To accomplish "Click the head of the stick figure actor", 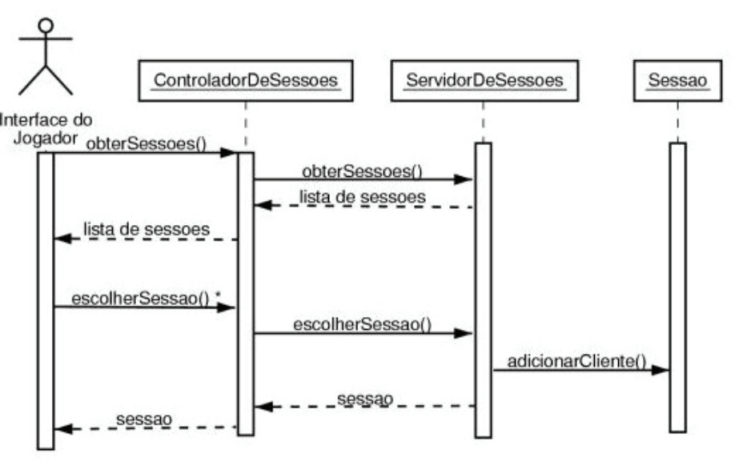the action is [x=46, y=26].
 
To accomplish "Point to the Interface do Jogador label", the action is [x=46, y=129].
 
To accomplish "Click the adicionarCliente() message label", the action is [x=576, y=361].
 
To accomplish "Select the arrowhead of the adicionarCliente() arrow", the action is [x=661, y=370].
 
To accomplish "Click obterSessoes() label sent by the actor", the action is [x=146, y=143].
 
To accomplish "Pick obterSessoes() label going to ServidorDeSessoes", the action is [x=362, y=171].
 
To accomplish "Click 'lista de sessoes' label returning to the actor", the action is [x=147, y=229].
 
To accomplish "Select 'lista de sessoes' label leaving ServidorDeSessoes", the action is [x=363, y=197].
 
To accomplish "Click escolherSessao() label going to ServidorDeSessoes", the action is [x=362, y=324].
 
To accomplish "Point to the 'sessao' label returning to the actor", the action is [x=144, y=419].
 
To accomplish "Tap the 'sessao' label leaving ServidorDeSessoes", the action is [x=365, y=399].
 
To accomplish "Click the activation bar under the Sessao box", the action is [x=677, y=287].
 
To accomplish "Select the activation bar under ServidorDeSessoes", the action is [x=483, y=290].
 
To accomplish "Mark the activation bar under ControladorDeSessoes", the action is [x=246, y=293].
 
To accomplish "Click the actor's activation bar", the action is [x=46, y=300].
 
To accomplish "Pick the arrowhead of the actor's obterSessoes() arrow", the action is [x=228, y=152].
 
